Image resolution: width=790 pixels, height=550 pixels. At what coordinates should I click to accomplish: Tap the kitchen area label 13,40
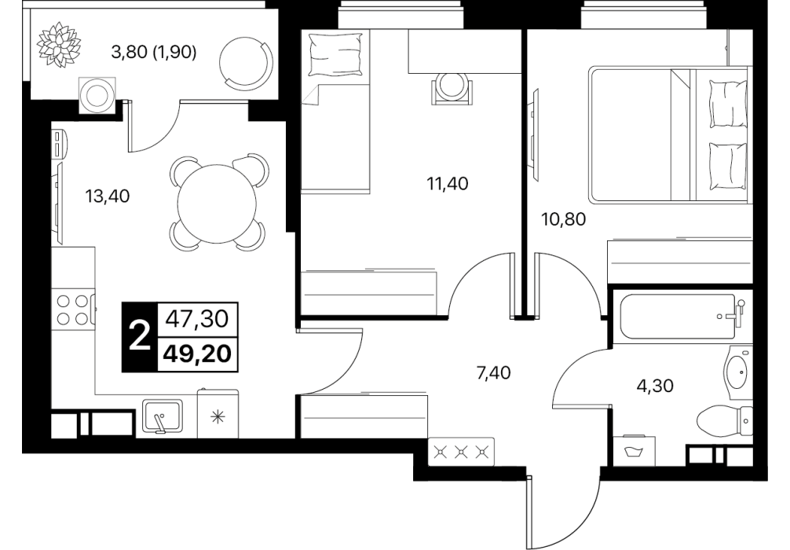point(108,196)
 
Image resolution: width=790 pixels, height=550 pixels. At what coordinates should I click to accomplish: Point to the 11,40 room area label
point(448,184)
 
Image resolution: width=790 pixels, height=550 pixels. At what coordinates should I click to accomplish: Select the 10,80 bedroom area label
point(564,219)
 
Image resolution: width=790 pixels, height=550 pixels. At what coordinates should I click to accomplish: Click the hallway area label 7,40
point(494,373)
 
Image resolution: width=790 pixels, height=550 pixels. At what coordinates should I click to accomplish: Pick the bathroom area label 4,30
point(655,386)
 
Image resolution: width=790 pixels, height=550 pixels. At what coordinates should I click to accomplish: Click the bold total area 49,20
point(198,354)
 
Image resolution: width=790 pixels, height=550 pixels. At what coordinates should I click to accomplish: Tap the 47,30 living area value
point(198,319)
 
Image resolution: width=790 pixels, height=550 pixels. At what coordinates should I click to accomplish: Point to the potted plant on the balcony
point(59,44)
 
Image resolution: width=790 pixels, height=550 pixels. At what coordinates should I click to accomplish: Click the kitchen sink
point(163,416)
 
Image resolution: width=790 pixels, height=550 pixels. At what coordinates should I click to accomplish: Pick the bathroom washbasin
point(737,371)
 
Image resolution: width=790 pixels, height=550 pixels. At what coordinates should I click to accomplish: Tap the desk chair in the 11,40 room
point(452,88)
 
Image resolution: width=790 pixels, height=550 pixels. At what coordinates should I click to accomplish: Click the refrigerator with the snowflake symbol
point(218,413)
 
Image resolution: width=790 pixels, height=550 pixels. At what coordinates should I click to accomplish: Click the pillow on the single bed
point(335,55)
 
